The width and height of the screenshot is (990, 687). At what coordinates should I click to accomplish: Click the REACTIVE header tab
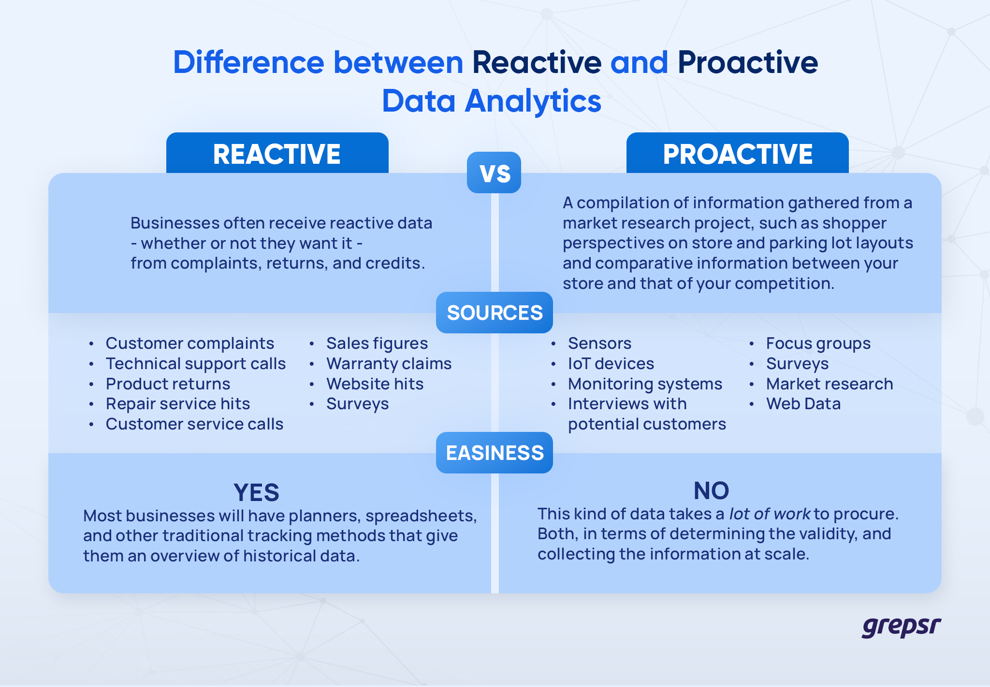(x=277, y=154)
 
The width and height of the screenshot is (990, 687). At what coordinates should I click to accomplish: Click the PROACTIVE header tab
(x=737, y=154)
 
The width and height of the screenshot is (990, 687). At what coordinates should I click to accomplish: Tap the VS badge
(x=494, y=172)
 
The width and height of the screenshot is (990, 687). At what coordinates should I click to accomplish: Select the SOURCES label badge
(x=495, y=313)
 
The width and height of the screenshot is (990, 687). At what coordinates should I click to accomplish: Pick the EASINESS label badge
(x=495, y=453)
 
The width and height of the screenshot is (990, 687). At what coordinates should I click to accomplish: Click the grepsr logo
(x=901, y=627)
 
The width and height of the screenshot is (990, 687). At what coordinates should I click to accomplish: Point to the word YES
(x=256, y=492)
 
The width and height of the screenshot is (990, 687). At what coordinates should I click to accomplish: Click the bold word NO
(x=711, y=490)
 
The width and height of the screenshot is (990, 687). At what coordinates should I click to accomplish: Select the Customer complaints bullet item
(x=189, y=343)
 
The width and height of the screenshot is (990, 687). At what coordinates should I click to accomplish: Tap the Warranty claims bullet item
(x=389, y=364)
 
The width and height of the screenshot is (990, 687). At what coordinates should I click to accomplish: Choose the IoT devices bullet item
(x=611, y=364)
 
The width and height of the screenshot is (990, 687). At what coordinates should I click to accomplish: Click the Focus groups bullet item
(x=818, y=343)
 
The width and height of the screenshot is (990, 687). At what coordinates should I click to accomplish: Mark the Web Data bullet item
(x=803, y=404)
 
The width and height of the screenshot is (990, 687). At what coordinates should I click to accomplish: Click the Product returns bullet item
(x=168, y=384)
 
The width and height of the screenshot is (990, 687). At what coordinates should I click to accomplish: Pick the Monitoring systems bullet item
(x=645, y=384)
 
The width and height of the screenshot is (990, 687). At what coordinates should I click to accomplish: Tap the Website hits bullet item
(x=375, y=384)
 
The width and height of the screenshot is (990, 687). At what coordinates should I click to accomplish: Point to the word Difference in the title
(x=248, y=63)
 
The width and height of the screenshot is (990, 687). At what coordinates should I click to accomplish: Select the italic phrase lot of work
(x=770, y=514)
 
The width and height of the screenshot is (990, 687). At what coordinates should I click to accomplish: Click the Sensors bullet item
(x=599, y=343)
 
